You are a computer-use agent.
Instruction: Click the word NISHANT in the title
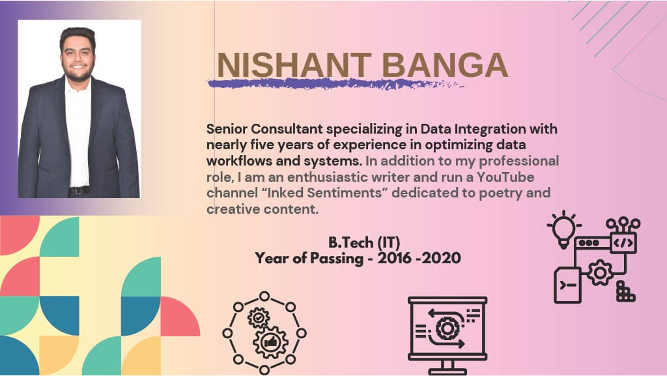(294, 65)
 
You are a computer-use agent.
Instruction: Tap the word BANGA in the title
(444, 65)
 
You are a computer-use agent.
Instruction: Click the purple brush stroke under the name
(336, 84)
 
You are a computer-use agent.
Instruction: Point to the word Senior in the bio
(227, 129)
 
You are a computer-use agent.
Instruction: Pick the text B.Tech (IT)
(364, 242)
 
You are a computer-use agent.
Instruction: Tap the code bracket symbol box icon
(623, 243)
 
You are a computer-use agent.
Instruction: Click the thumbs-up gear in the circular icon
(270, 342)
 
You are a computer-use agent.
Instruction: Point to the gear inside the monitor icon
(446, 328)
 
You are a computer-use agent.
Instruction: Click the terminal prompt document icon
(567, 285)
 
